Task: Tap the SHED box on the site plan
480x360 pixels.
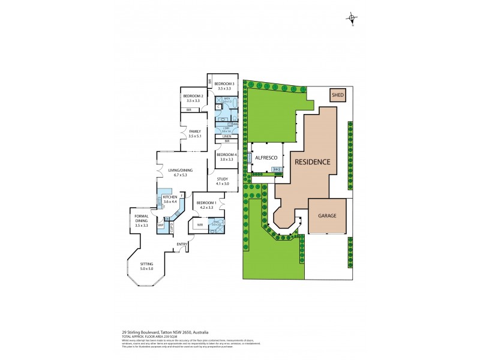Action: tap(337, 95)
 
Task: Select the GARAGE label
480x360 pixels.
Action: tap(327, 216)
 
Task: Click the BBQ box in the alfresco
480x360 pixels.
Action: tap(277, 170)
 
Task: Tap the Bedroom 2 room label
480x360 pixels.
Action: tap(193, 96)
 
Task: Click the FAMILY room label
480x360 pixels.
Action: tap(194, 131)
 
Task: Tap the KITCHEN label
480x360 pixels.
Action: tap(170, 197)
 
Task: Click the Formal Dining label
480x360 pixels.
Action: tap(141, 217)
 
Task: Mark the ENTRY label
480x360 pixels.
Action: tap(182, 244)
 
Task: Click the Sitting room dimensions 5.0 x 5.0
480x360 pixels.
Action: tap(147, 268)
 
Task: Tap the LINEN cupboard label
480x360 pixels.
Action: tap(226, 136)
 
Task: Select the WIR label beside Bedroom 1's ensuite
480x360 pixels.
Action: tap(200, 225)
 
